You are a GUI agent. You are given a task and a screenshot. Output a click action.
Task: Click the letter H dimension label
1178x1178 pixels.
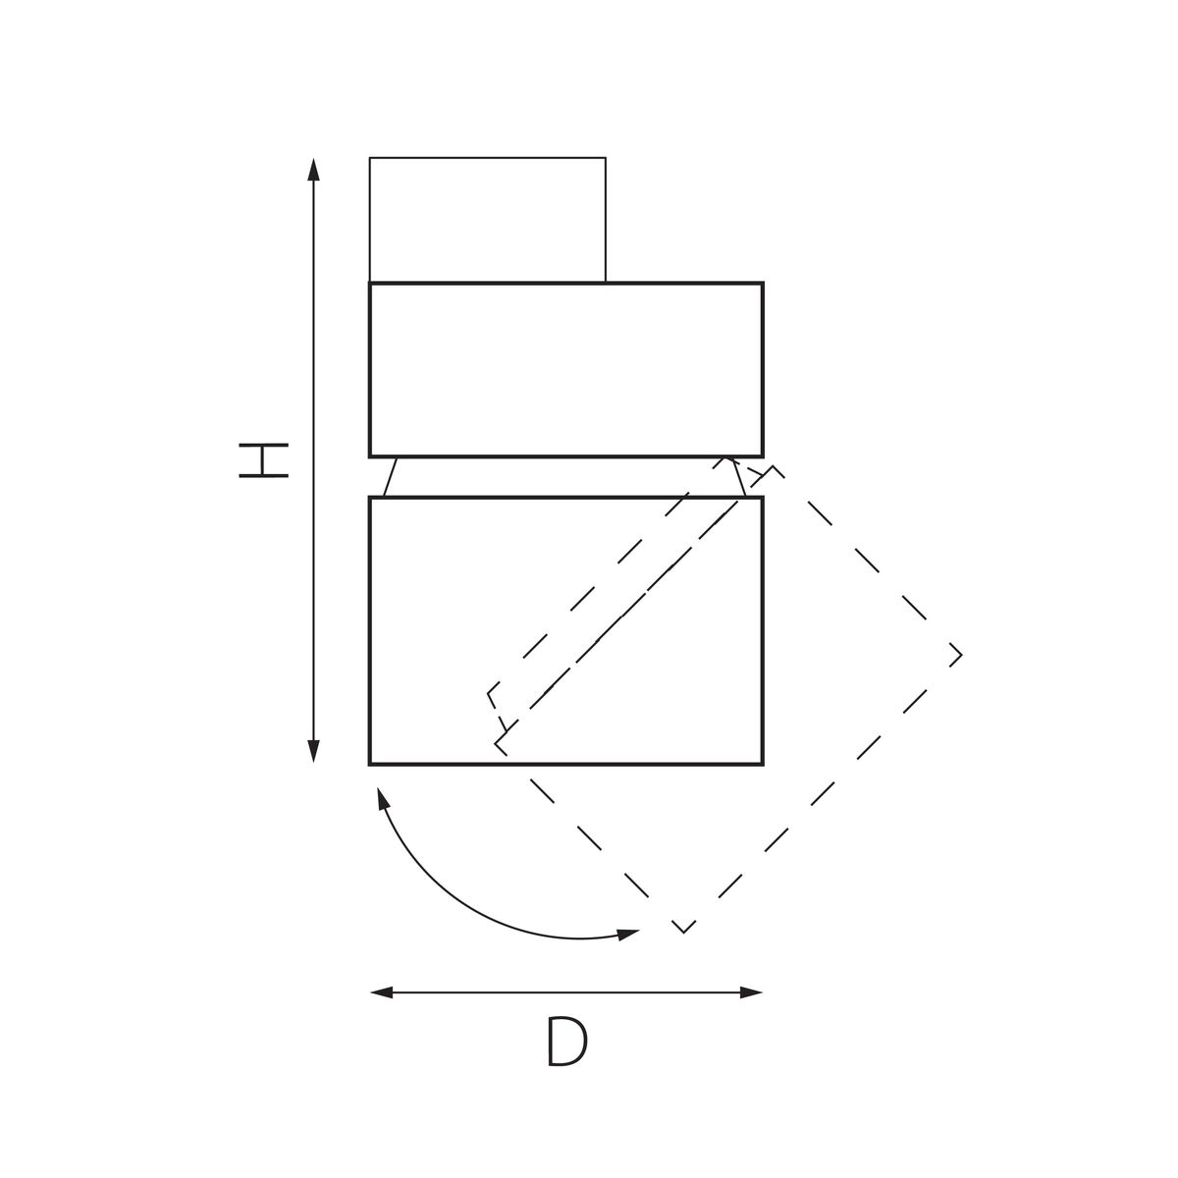pos(263,459)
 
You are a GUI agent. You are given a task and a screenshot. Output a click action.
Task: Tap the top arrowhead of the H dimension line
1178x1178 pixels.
pos(313,169)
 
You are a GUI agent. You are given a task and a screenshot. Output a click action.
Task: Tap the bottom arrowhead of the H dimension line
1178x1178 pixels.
pos(313,752)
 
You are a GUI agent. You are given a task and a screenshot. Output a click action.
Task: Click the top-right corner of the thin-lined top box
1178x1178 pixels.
pos(606,158)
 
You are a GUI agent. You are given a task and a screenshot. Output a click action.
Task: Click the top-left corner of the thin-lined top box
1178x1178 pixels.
pos(370,158)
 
